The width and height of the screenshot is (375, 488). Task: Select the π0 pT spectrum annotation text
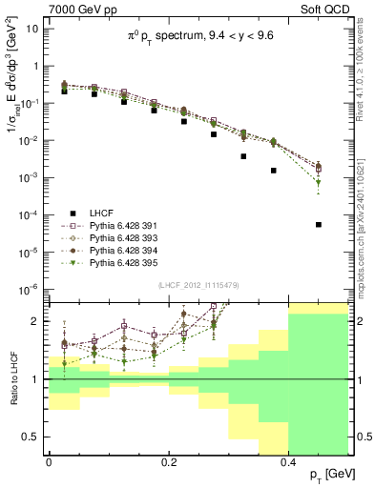[196, 37]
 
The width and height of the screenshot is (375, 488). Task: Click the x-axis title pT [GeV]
[325, 474]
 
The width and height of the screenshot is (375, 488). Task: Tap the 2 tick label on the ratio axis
[36, 321]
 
